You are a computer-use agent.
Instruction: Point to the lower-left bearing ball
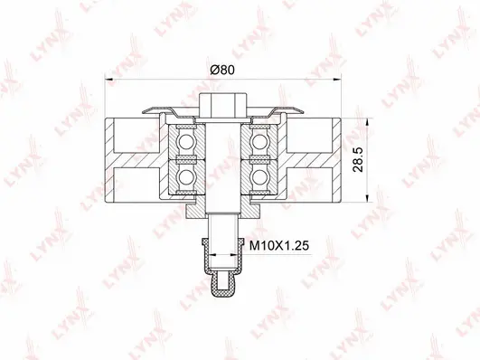point(186,173)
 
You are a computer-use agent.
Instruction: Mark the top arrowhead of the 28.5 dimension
point(367,120)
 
